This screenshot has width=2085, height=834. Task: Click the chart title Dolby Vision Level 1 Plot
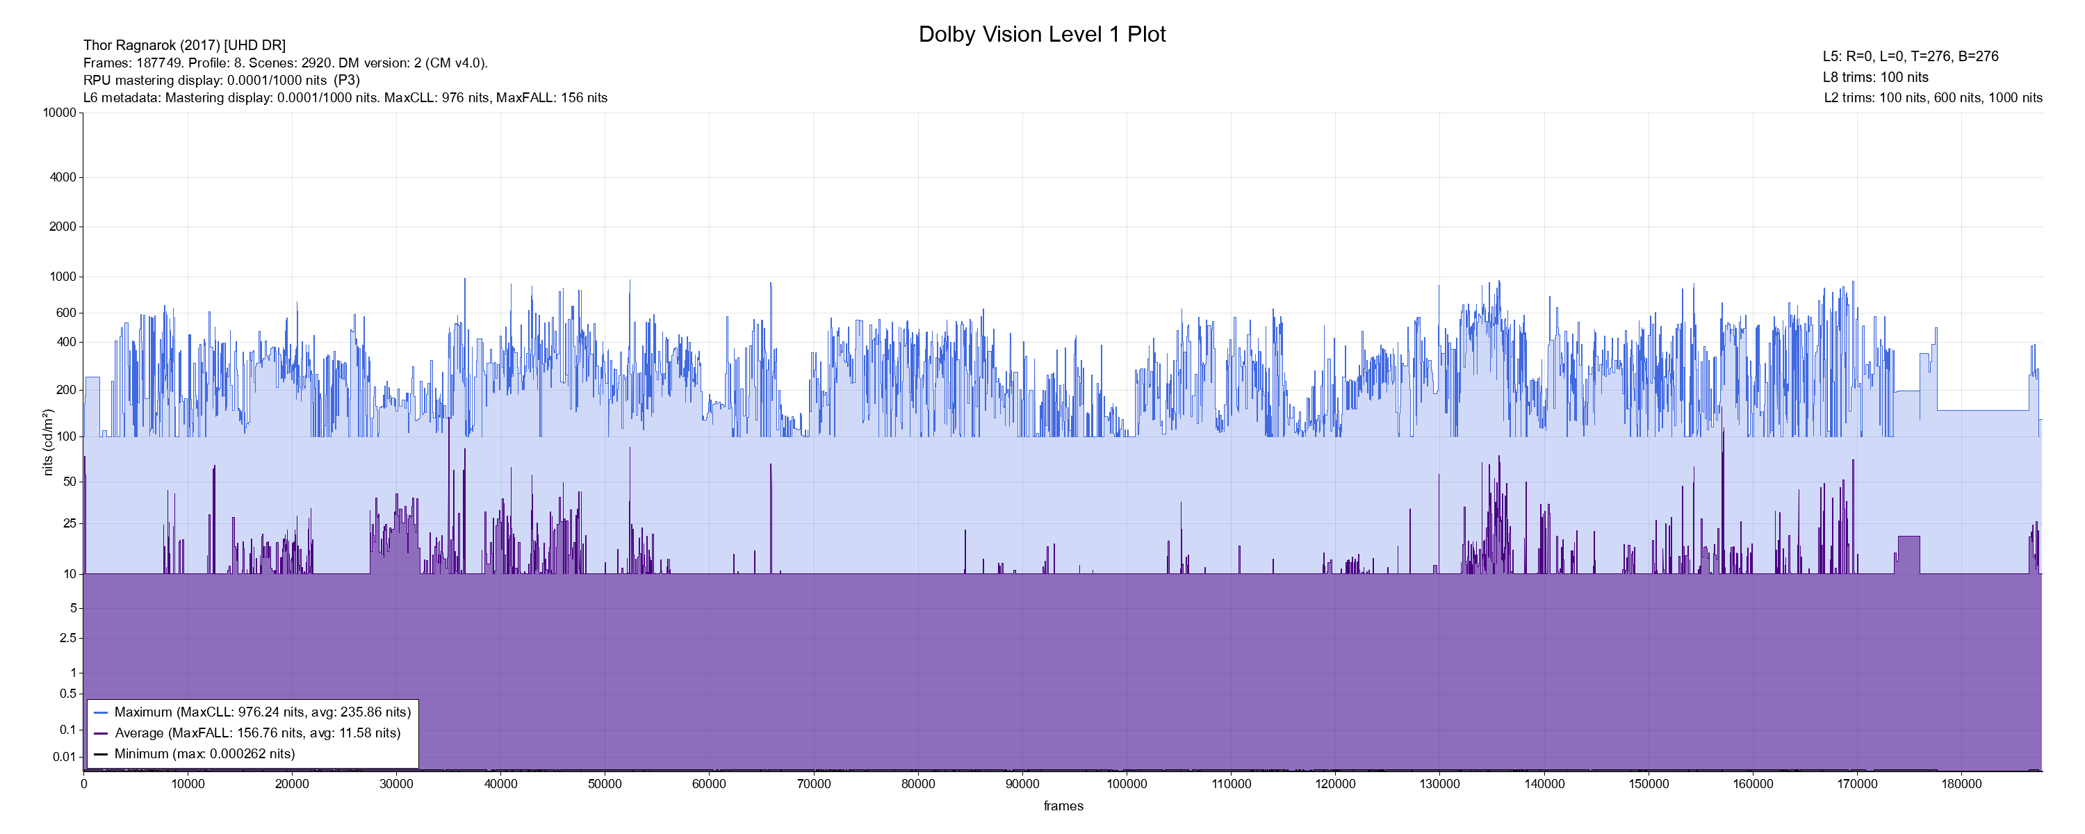[1042, 35]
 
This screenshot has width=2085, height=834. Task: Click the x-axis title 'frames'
[1063, 806]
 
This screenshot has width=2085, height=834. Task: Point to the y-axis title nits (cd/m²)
[48, 442]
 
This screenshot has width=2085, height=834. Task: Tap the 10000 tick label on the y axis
[60, 113]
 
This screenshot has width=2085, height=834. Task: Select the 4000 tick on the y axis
[63, 177]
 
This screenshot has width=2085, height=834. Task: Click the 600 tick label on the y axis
[66, 313]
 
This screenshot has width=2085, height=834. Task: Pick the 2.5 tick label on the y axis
[68, 638]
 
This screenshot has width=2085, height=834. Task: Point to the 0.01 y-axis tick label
[65, 757]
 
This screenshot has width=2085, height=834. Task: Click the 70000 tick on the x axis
[813, 784]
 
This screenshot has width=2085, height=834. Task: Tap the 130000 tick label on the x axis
[1439, 784]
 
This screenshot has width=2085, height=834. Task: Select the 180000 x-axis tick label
[1961, 784]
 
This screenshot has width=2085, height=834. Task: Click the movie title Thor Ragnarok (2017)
[185, 45]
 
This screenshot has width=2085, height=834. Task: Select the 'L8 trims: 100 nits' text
[1875, 78]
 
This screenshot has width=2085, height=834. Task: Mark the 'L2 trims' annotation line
[1933, 98]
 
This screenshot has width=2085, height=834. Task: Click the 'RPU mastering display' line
[221, 80]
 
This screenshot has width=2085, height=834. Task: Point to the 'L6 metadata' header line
[345, 98]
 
